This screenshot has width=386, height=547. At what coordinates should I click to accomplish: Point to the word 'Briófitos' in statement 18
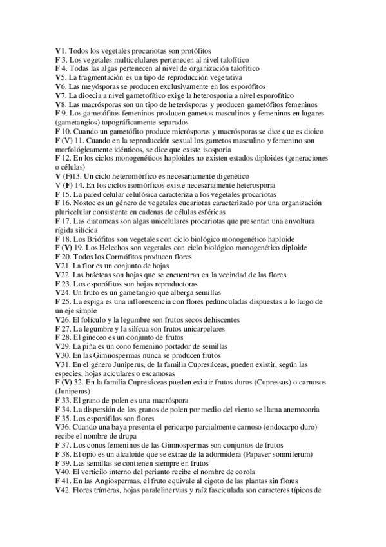tap(100, 239)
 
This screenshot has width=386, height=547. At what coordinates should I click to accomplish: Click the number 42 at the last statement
tap(65, 490)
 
